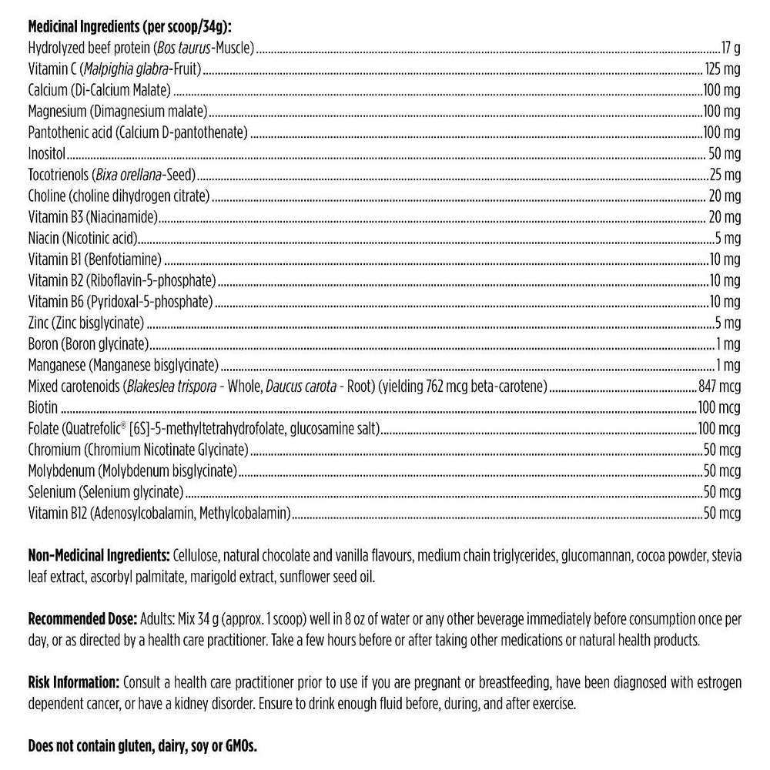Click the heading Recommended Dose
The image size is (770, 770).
point(82,618)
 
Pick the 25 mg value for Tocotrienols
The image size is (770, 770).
point(725,174)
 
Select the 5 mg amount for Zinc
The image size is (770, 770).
point(728,322)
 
